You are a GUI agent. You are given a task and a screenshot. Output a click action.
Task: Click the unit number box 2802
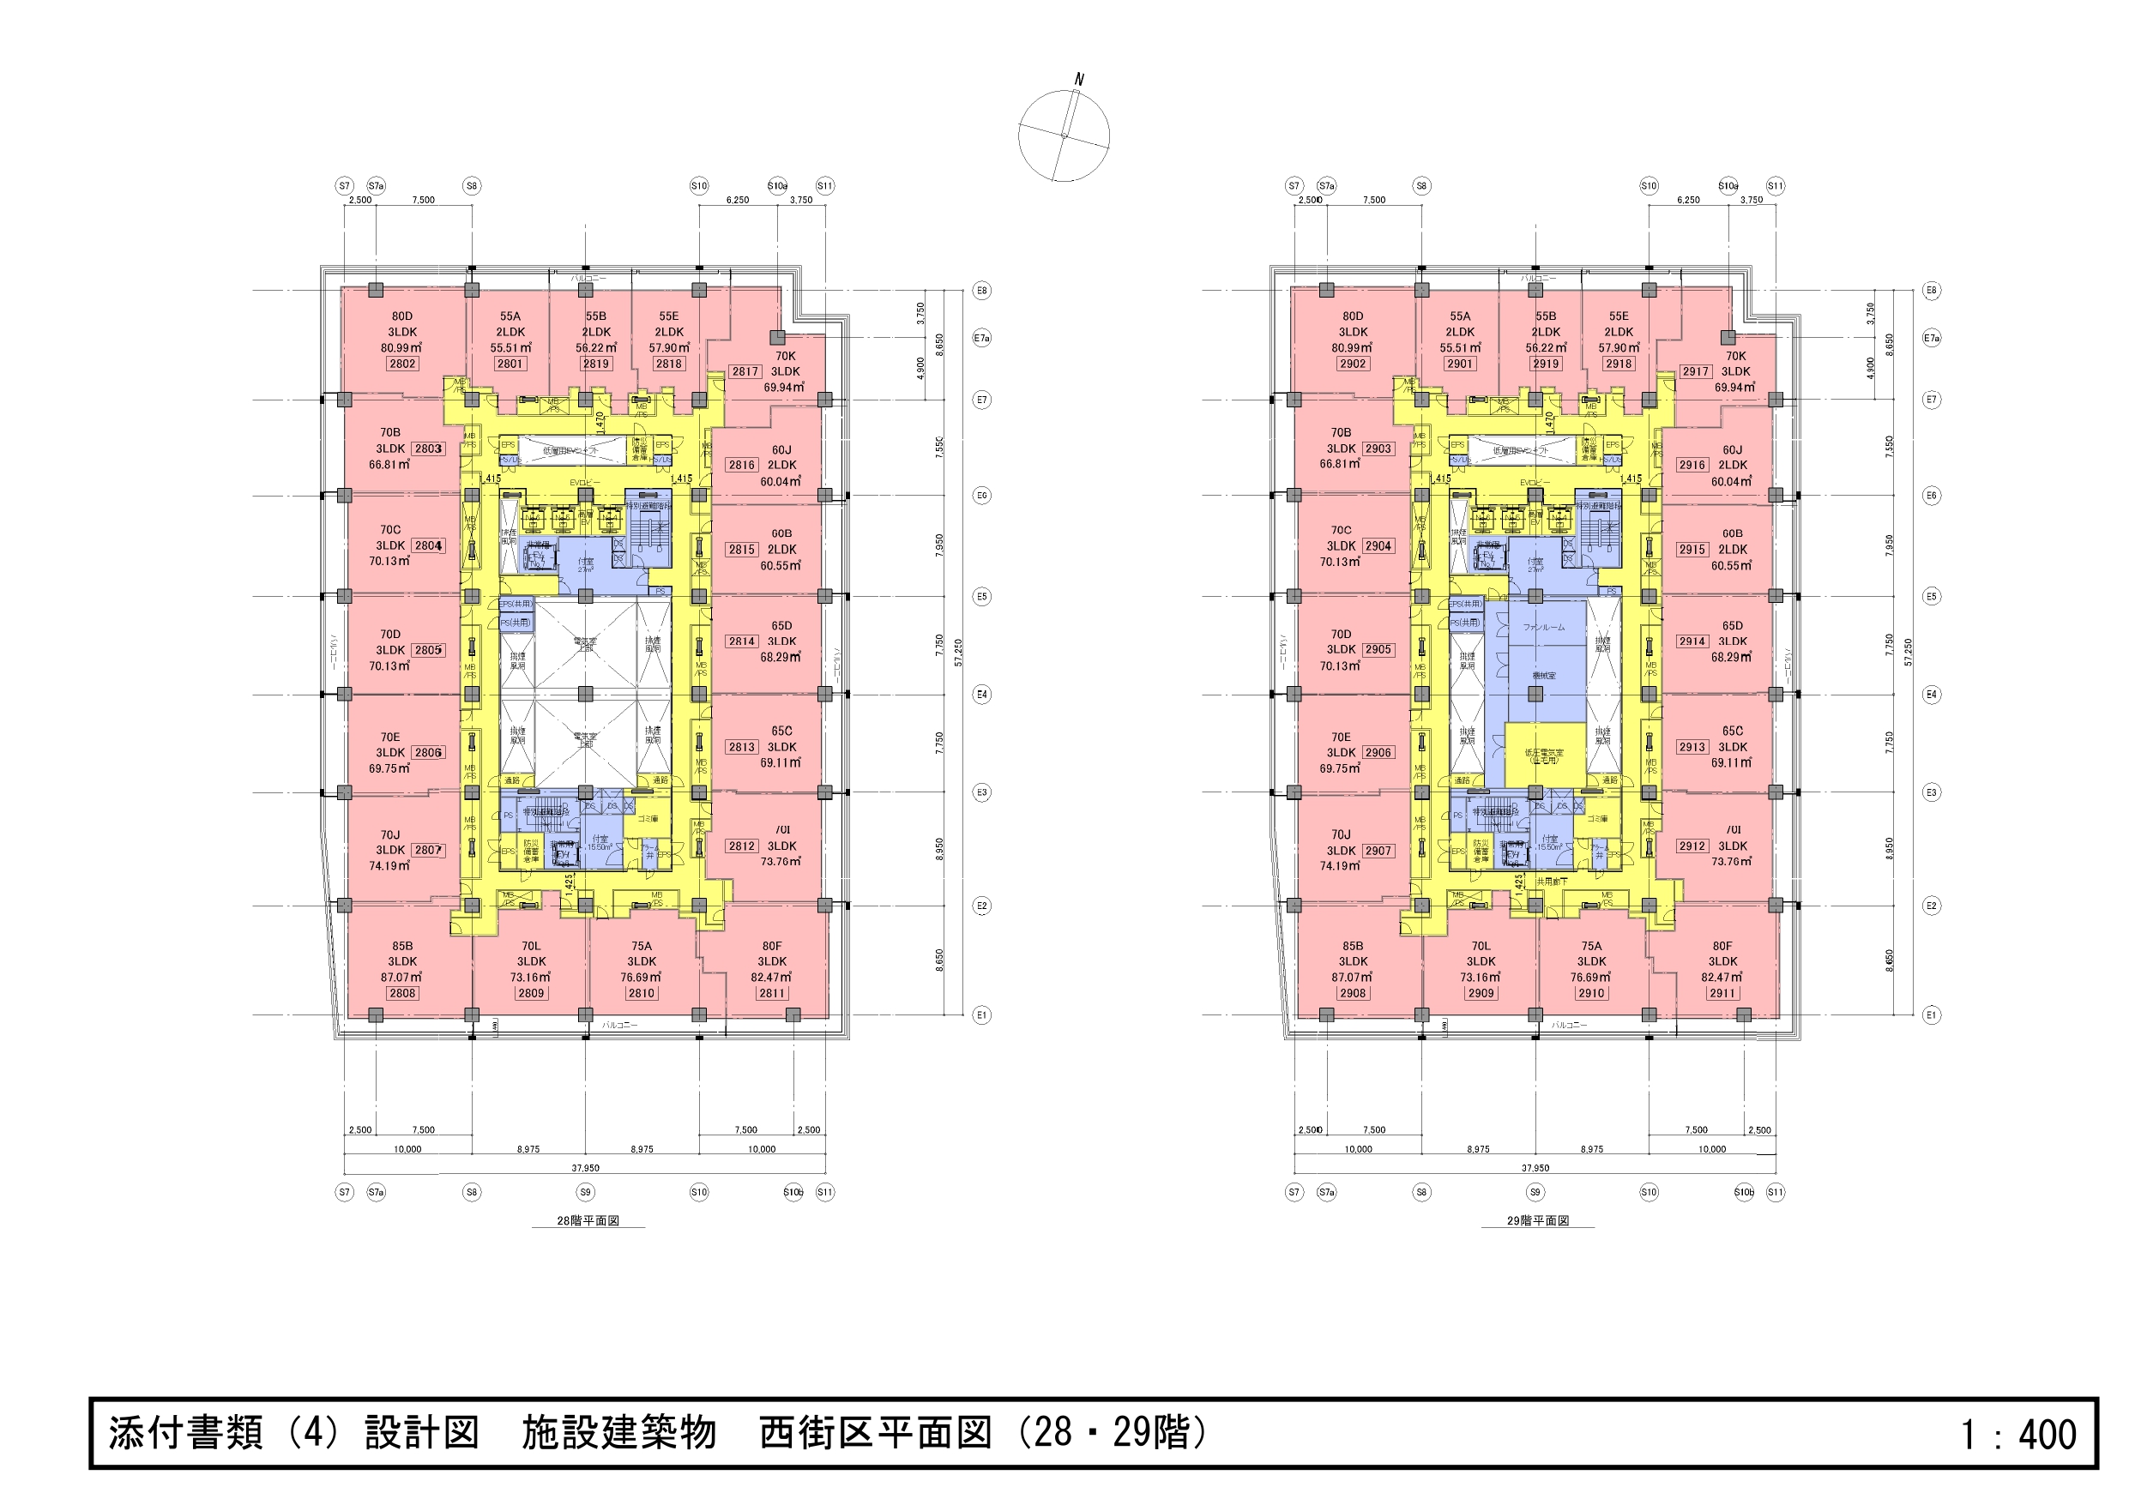click(401, 364)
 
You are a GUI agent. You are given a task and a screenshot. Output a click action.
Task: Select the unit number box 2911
click(1722, 993)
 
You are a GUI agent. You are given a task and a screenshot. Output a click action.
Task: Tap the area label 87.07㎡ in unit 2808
click(401, 978)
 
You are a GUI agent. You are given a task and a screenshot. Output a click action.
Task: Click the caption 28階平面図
click(588, 1221)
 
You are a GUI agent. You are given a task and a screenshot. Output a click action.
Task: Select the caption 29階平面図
click(1537, 1221)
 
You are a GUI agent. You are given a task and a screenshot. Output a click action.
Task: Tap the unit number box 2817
click(745, 372)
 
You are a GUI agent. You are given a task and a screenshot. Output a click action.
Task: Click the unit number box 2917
click(1695, 372)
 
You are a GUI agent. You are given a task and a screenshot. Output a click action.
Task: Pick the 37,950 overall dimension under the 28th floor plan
click(585, 1168)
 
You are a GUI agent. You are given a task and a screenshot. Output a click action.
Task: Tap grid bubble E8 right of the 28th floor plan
click(981, 290)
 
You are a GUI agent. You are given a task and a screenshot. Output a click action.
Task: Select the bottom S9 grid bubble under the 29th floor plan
click(1535, 1193)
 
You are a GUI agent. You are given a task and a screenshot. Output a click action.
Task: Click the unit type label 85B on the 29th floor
click(1352, 947)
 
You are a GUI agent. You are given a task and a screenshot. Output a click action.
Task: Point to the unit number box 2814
click(742, 641)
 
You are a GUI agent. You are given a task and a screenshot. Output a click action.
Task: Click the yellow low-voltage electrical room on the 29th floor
click(1544, 755)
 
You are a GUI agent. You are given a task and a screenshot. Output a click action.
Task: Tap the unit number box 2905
click(1378, 650)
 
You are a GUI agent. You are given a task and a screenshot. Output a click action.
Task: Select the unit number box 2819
click(595, 364)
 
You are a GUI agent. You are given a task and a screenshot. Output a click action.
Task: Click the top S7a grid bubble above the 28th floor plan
click(376, 186)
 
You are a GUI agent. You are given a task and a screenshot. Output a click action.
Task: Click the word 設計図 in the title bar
click(421, 1434)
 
